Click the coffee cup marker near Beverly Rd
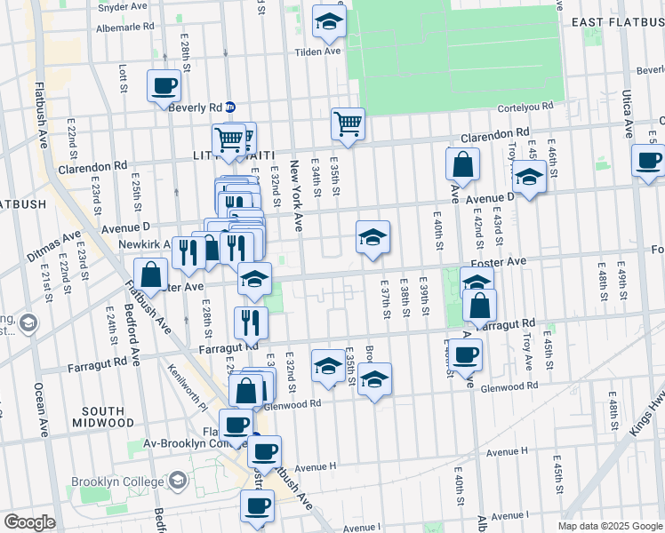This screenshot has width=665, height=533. pyautogui.click(x=164, y=87)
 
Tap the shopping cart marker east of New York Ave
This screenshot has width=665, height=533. pyautogui.click(x=348, y=124)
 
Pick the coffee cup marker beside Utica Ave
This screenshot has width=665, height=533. pyautogui.click(x=648, y=161)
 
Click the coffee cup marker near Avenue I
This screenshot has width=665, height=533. pyautogui.click(x=257, y=505)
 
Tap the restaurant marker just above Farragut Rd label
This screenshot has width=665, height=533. pyautogui.click(x=251, y=322)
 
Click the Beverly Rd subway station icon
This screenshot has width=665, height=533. pyautogui.click(x=229, y=107)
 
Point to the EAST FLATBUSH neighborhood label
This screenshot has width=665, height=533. pyautogui.click(x=616, y=21)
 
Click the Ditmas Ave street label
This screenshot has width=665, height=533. pyautogui.click(x=53, y=248)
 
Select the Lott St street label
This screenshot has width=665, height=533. pyautogui.click(x=123, y=78)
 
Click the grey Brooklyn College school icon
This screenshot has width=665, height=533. pyautogui.click(x=178, y=481)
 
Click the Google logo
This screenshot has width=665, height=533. pyautogui.click(x=29, y=522)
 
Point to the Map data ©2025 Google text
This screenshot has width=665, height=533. pyautogui.click(x=609, y=526)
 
